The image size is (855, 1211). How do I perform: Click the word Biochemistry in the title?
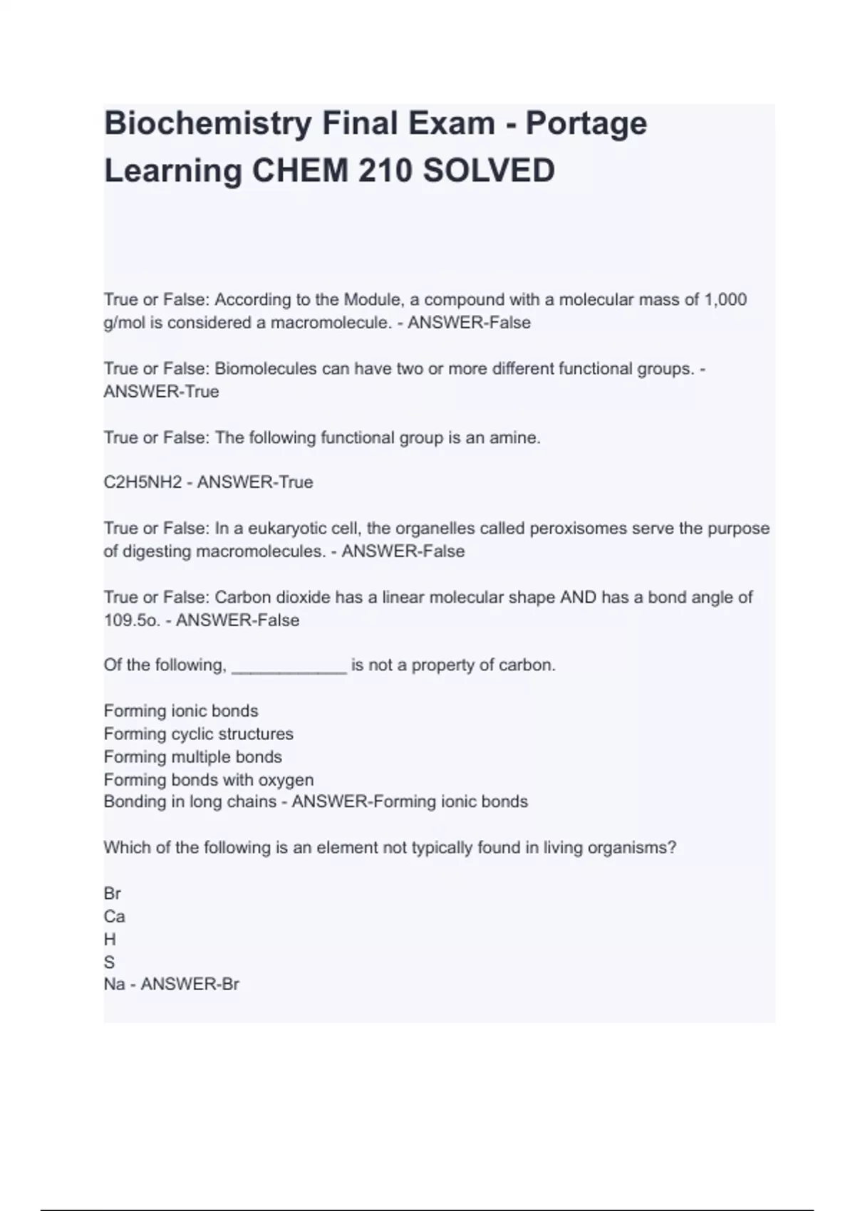pos(208,123)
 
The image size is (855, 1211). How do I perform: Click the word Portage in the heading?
pos(586,123)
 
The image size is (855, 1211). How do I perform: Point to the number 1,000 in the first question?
pos(725,300)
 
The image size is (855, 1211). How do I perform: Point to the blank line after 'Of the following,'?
pos(289,666)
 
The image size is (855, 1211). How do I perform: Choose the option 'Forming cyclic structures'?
pos(198,734)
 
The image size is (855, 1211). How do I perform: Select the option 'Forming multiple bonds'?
pos(192,757)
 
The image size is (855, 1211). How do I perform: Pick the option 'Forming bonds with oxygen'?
pos(208,780)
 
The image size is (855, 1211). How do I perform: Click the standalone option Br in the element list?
pos(112,893)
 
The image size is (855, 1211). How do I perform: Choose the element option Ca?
pos(114,916)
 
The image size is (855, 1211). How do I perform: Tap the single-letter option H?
pos(110,940)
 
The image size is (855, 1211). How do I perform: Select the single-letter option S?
pos(109,962)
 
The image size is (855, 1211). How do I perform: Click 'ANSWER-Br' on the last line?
pos(190,984)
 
